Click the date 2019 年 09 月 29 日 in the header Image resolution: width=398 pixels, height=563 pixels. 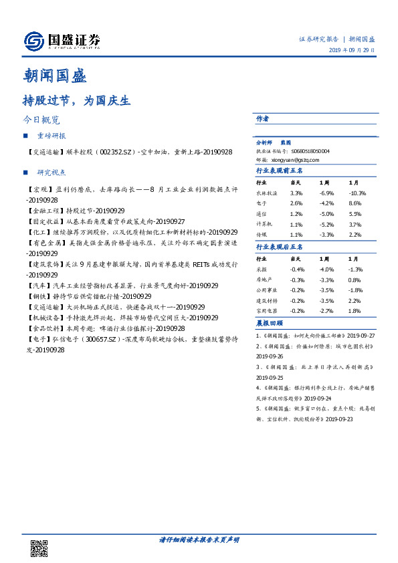point(352,51)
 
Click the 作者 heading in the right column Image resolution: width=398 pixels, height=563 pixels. point(263,118)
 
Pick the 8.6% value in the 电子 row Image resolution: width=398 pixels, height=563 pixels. point(355,203)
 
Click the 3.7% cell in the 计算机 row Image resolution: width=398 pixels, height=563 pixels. point(355,224)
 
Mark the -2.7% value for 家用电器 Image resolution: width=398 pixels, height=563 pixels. point(325,311)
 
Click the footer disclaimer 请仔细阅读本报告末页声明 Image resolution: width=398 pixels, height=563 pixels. point(199,539)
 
